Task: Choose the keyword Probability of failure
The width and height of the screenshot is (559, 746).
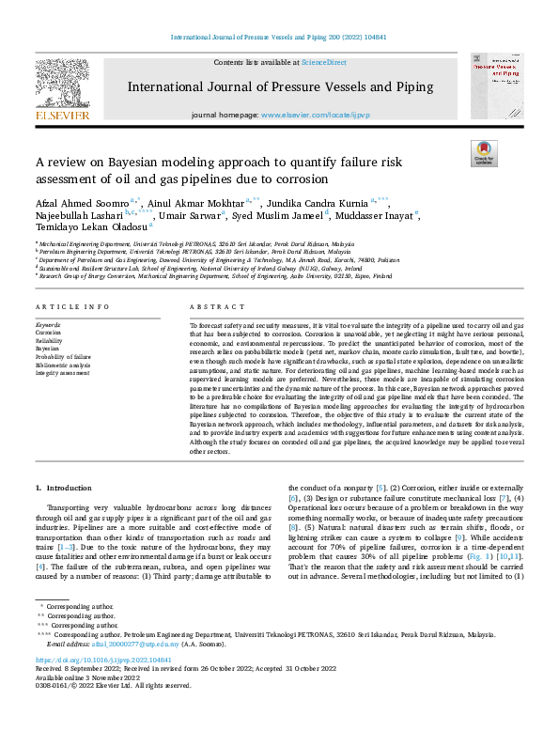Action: (65, 356)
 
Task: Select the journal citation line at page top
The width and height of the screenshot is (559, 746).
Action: (279, 39)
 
